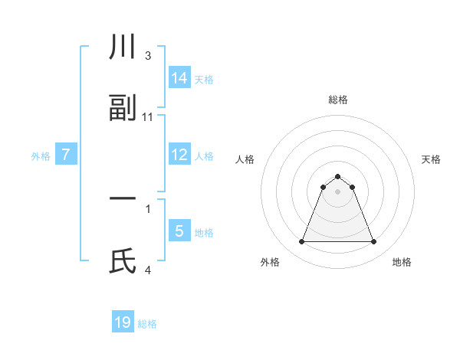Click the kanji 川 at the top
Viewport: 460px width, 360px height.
123,48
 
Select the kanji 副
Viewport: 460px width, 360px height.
123,109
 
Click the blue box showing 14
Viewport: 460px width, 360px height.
179,78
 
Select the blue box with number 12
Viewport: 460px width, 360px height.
179,155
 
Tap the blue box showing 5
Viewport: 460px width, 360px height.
179,231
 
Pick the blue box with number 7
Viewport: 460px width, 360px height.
66,155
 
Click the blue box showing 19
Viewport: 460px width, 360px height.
123,322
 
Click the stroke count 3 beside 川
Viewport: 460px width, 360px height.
148,56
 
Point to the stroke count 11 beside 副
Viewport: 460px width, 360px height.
148,116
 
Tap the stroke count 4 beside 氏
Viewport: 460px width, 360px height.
148,270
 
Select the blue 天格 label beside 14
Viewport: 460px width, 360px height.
204,79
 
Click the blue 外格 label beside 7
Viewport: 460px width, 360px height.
41,155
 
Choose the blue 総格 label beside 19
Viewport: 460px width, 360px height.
147,324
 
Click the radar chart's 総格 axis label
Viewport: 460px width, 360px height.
337,100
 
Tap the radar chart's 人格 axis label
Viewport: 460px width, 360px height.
245,159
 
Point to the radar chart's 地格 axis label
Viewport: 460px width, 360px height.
402,262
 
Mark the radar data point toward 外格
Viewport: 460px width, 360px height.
301,242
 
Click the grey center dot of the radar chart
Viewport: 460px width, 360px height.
337,191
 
